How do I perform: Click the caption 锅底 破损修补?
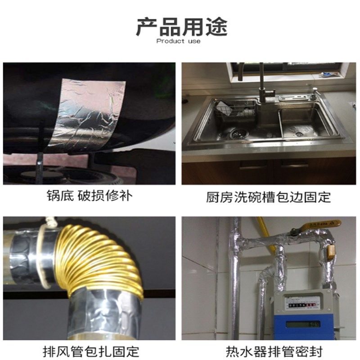click(x=90, y=196)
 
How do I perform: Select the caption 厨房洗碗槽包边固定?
click(x=269, y=197)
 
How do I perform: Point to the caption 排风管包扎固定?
click(x=90, y=351)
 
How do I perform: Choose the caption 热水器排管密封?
click(x=269, y=351)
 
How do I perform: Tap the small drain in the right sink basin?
click(x=299, y=134)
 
